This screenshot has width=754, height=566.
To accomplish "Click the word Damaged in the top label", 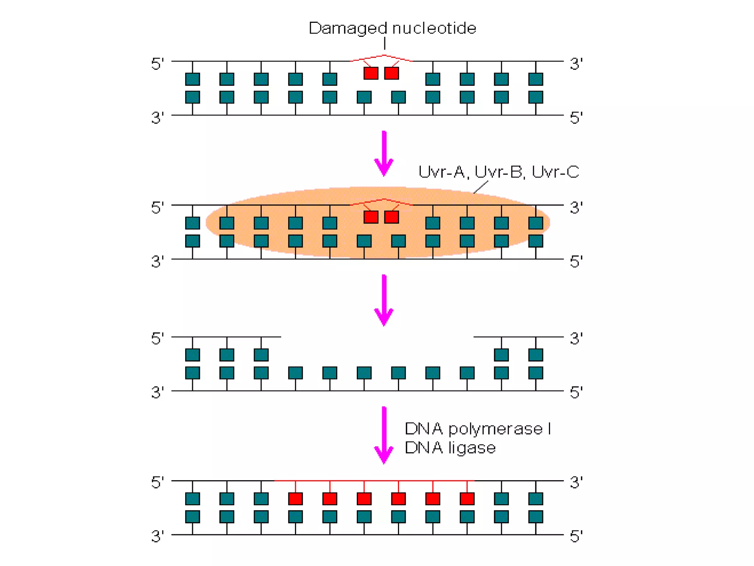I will [x=348, y=29].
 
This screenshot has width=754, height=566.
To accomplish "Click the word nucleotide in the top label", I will [x=434, y=28].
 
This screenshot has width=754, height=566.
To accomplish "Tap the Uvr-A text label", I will [x=443, y=172].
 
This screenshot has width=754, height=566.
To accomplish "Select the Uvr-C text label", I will [x=556, y=172].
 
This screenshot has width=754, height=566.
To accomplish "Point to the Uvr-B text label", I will [x=499, y=172].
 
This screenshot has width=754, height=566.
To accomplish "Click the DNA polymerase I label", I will [x=478, y=429].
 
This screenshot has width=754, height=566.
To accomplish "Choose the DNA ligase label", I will [x=450, y=448].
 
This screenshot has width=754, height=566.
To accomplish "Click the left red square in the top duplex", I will [x=371, y=73].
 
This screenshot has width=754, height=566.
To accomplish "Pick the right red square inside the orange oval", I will [x=391, y=217].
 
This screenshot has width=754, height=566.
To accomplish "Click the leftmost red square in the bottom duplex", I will [x=295, y=499].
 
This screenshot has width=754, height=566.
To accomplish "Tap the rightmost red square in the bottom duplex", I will [x=467, y=499].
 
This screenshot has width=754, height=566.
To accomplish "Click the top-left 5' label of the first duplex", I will [x=158, y=64].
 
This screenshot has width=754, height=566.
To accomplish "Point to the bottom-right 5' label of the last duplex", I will [x=576, y=537].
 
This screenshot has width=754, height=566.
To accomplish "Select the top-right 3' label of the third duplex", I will [x=576, y=338].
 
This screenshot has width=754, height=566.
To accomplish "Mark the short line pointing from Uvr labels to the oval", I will [x=481, y=187].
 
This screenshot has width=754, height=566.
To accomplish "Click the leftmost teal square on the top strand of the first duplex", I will [x=193, y=79].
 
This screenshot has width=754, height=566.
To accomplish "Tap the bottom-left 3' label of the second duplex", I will [x=158, y=262].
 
